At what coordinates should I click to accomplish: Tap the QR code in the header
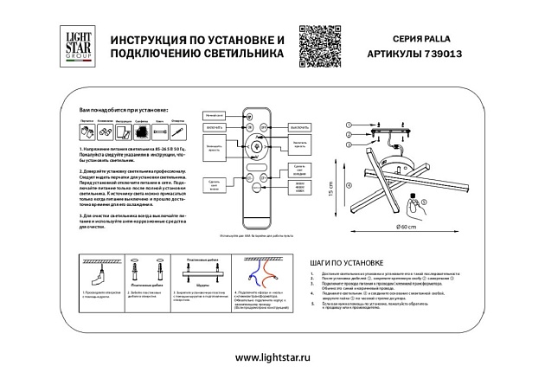[x=317, y=45]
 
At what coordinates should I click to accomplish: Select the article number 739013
[x=442, y=53]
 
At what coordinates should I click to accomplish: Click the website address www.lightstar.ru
[x=272, y=357]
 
